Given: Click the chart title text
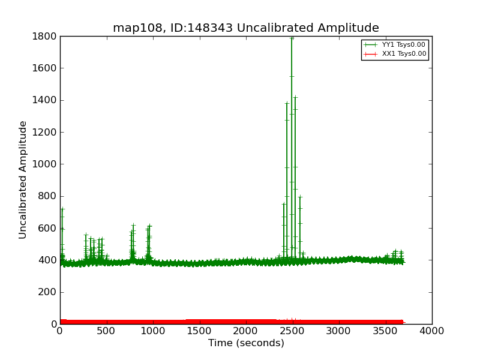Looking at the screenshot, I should [x=246, y=28].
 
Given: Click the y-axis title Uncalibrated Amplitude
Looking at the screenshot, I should [x=23, y=179].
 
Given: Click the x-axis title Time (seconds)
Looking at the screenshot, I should [x=246, y=343].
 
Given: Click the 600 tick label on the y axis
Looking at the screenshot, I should [x=47, y=229].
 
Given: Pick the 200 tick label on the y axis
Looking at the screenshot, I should [x=47, y=292].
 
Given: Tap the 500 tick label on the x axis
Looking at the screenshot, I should [x=106, y=331].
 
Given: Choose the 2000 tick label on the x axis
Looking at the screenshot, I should [x=246, y=331].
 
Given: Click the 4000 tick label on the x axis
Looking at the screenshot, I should [x=432, y=331].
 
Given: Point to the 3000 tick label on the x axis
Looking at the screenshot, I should [x=339, y=331].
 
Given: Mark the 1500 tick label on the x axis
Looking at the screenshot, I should [x=199, y=331].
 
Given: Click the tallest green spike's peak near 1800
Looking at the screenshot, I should [x=292, y=37].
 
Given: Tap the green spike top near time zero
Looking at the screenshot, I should [x=62, y=209].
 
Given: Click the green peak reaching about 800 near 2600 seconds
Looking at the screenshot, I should [x=300, y=197].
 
